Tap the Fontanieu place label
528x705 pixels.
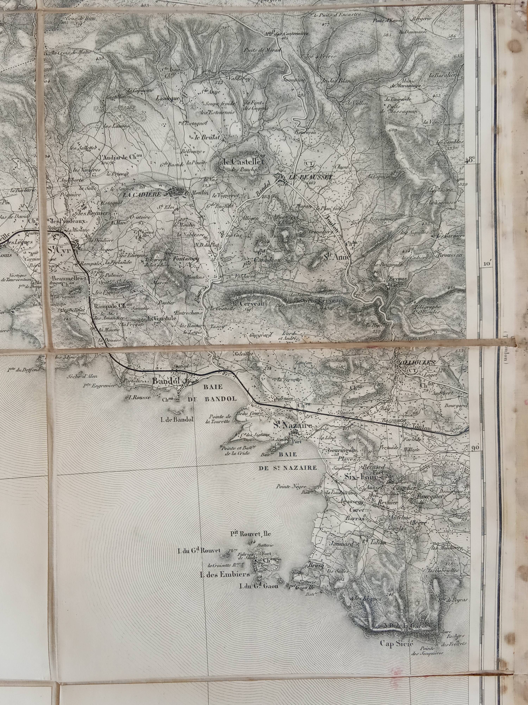(x=186, y=259)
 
